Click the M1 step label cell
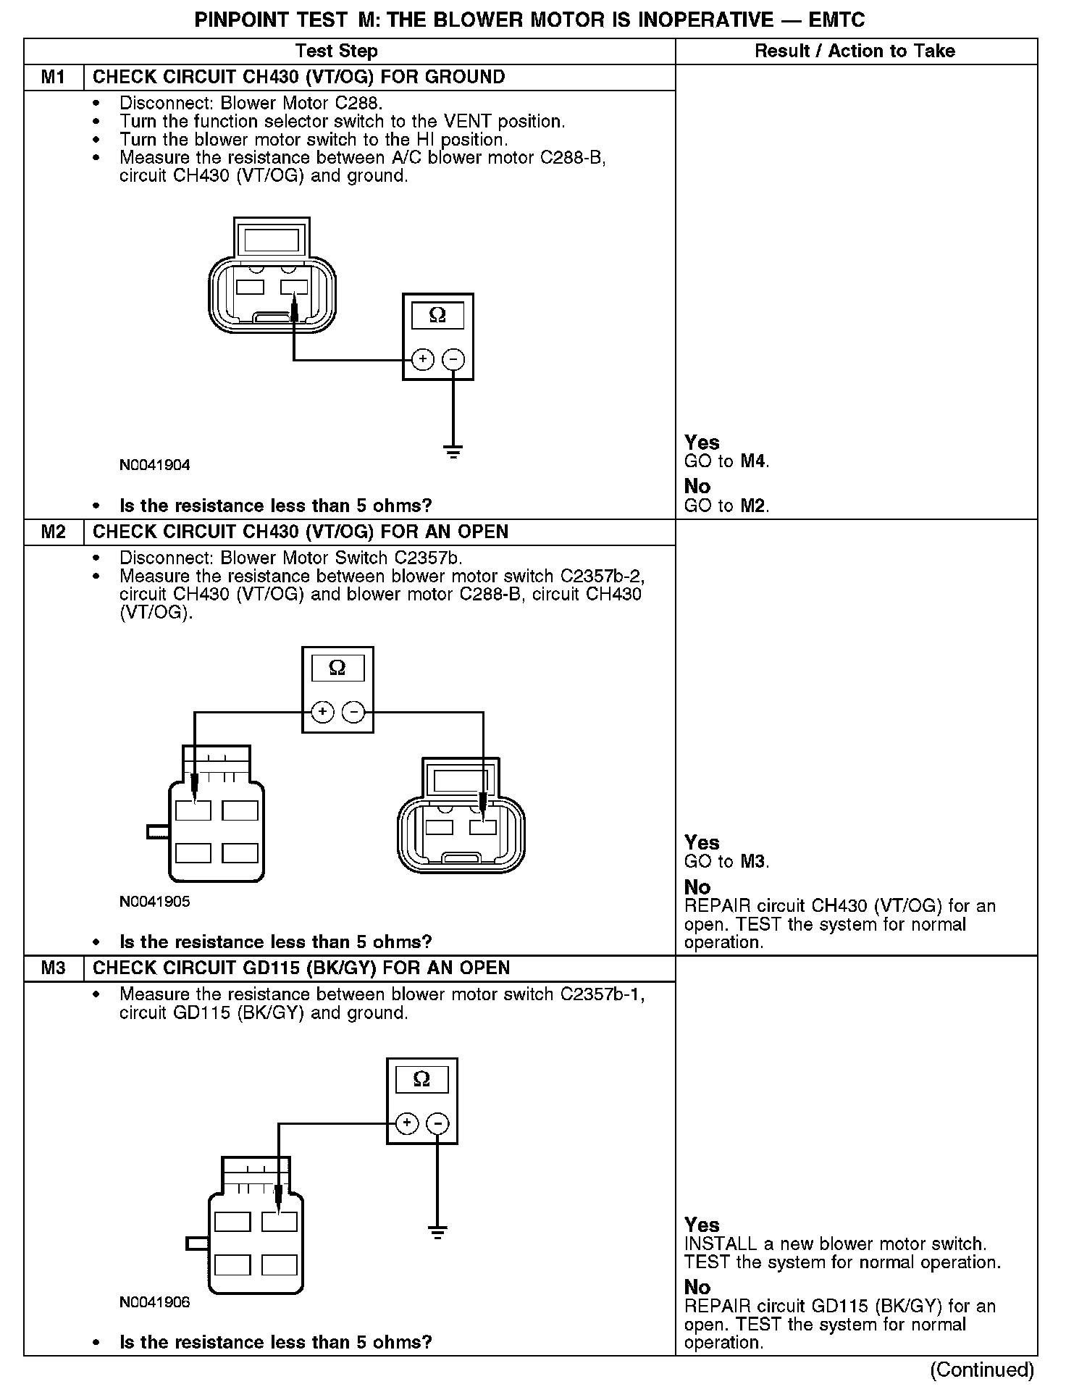[x=54, y=77]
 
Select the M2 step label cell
[x=54, y=532]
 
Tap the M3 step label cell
[x=54, y=968]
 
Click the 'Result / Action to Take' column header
[x=855, y=51]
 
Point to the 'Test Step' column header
[x=337, y=51]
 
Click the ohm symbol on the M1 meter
[x=437, y=315]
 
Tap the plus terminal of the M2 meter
[x=322, y=713]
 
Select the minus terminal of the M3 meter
[x=437, y=1124]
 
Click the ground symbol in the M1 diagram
[x=453, y=453]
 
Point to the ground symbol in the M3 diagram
[x=437, y=1232]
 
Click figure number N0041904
[x=154, y=465]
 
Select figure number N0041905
[x=154, y=902]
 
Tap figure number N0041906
[x=154, y=1302]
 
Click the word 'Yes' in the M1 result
[x=702, y=443]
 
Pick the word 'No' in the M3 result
[x=697, y=1287]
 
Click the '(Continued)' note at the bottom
[x=982, y=1370]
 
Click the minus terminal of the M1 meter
[x=453, y=359]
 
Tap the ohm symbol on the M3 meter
[x=421, y=1080]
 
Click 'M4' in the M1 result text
[x=753, y=461]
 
